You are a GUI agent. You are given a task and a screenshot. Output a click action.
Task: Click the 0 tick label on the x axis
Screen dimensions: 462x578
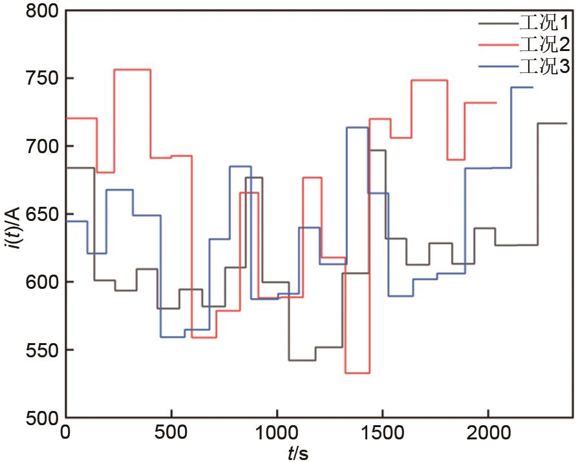tap(65, 433)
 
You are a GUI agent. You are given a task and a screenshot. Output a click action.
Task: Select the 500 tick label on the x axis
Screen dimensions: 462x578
tap(171, 433)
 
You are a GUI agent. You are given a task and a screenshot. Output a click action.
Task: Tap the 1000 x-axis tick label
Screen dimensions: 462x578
tap(277, 433)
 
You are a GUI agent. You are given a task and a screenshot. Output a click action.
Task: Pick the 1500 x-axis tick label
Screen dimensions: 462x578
tap(382, 433)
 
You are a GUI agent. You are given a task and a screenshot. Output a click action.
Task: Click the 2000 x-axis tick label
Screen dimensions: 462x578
tap(488, 433)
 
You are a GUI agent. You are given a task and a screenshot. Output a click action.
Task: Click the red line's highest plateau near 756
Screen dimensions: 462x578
tap(133, 69)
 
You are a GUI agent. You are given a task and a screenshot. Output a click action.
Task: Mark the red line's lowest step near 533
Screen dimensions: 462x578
tap(358, 373)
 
